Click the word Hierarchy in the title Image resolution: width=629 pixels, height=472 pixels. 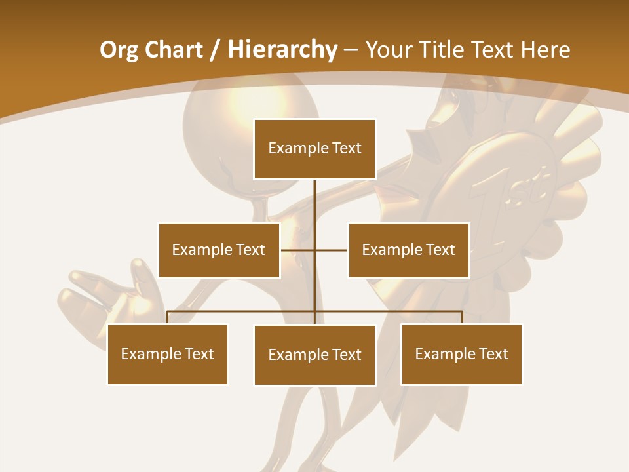(x=282, y=50)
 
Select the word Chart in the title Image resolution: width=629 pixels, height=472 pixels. (x=173, y=50)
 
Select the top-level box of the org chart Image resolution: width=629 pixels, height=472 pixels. (x=314, y=149)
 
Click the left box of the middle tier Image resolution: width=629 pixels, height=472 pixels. (x=219, y=250)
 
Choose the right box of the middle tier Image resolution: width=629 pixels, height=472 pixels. (x=409, y=250)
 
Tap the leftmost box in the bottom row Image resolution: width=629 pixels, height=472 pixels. (x=168, y=354)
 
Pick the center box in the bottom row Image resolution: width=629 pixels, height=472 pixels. (x=314, y=355)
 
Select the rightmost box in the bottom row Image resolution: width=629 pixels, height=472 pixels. (x=461, y=354)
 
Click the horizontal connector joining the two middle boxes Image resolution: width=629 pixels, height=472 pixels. (x=331, y=250)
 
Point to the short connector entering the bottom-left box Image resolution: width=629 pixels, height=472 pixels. (x=168, y=317)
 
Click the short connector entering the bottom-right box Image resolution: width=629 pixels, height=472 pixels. (x=461, y=317)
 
